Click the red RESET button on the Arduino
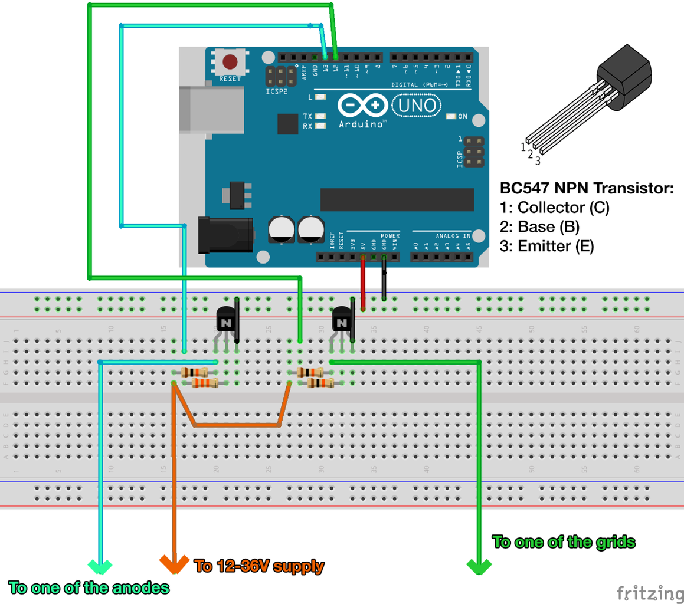tap(230, 61)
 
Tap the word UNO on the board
tap(417, 106)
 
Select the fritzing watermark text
tap(647, 591)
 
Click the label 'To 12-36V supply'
tap(260, 567)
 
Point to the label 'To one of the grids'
tap(564, 541)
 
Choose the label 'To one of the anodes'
tap(89, 587)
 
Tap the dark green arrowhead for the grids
tap(479, 567)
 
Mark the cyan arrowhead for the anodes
tap(100, 567)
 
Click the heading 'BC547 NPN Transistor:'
tap(587, 189)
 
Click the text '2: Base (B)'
tap(539, 227)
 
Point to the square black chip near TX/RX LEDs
tap(287, 124)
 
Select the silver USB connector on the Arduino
tap(212, 109)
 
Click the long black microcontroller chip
tap(397, 199)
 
